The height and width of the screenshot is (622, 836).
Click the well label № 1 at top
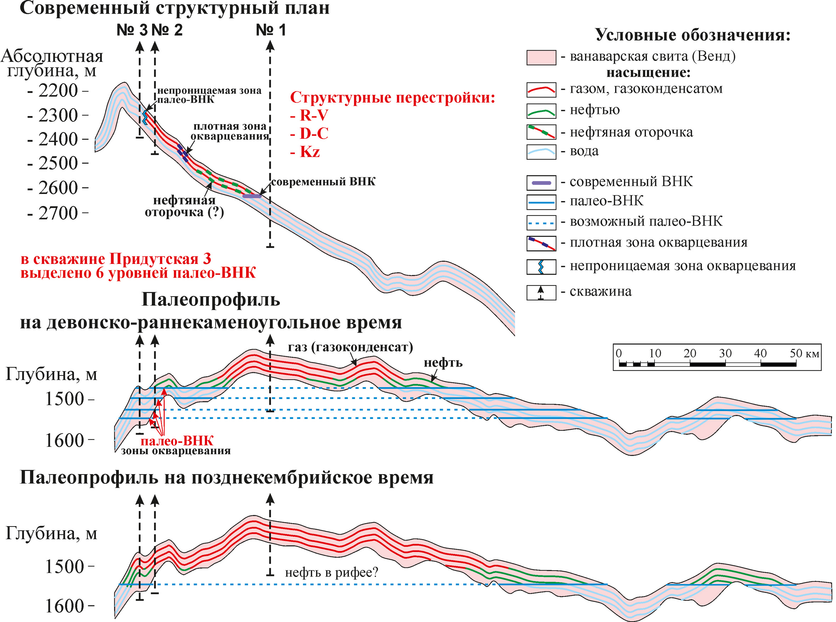(x=271, y=30)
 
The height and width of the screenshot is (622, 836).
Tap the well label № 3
(x=132, y=30)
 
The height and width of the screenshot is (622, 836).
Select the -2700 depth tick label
(x=58, y=213)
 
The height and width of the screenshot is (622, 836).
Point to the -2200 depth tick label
(x=58, y=90)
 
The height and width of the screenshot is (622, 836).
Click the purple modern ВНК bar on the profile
(x=252, y=196)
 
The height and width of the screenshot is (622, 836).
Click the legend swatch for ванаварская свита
(x=541, y=58)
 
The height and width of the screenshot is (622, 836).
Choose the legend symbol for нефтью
(x=541, y=111)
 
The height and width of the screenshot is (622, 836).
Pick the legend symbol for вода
(x=541, y=152)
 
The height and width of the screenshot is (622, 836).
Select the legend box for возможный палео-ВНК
(x=541, y=223)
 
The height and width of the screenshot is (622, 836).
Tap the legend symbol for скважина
(x=541, y=292)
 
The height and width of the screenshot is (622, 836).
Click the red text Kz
(x=310, y=152)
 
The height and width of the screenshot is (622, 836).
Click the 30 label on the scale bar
(x=725, y=353)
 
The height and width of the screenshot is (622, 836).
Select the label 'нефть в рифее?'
(x=331, y=573)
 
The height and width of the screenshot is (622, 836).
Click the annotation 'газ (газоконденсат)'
(x=350, y=347)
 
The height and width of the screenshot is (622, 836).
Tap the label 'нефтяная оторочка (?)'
(x=184, y=206)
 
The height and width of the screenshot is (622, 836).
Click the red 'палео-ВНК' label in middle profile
(x=177, y=441)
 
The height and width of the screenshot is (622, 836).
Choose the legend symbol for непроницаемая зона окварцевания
(x=541, y=267)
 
